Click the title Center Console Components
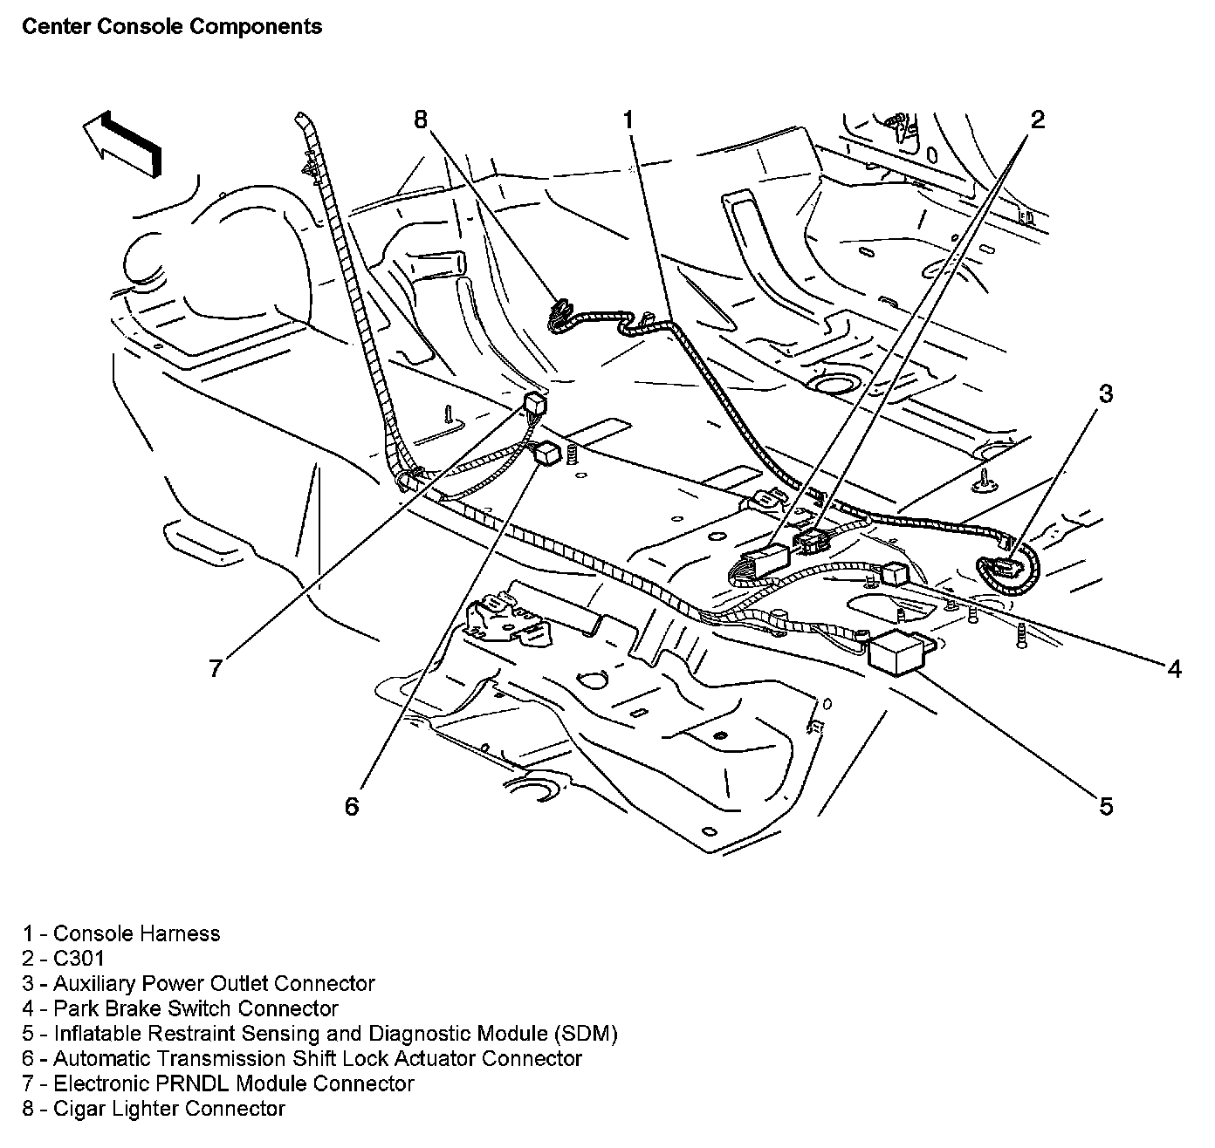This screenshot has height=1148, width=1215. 172,27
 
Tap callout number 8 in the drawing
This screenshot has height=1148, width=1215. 422,120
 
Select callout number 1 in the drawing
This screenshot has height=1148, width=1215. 628,120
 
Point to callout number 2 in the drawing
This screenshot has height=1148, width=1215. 1037,120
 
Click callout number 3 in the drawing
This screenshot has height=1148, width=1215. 1105,394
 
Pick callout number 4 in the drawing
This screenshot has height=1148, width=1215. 1174,669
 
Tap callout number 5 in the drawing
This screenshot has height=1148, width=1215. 1105,807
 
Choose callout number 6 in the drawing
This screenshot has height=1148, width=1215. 351,807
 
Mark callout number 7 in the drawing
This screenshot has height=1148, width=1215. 214,669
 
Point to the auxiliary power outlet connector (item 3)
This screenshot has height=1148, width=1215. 1004,568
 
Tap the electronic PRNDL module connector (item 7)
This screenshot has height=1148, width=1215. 532,404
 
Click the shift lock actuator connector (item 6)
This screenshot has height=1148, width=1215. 548,452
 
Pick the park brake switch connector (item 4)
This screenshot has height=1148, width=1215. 896,574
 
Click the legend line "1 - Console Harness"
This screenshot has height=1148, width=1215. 121,933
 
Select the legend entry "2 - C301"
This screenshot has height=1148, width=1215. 64,959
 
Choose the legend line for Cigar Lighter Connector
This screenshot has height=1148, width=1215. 154,1109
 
